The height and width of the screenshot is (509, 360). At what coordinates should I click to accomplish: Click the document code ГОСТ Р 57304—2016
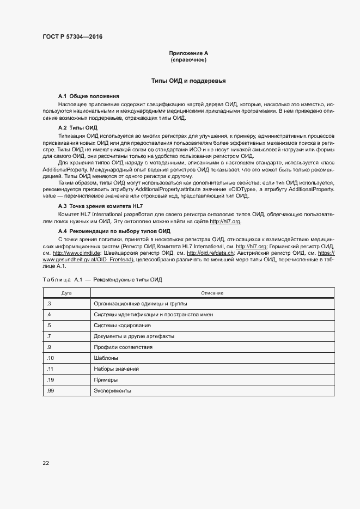[72, 37]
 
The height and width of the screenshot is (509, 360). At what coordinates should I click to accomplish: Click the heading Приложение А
[188, 53]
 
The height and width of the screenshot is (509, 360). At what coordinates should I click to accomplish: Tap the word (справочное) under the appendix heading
[188, 59]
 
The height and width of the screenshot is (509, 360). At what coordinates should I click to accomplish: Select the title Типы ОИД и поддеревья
[188, 81]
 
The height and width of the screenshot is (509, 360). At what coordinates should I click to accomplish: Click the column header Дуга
[67, 293]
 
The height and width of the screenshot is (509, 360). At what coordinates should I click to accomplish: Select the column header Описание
[212, 293]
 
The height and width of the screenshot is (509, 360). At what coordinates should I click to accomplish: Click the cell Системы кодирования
[122, 325]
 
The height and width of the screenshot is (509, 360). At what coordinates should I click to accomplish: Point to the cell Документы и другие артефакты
[134, 336]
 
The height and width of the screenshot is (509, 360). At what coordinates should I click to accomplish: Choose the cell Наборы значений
[116, 369]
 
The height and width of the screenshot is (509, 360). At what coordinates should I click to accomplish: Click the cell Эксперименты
[113, 391]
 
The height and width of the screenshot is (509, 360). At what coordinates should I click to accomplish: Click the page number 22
[46, 463]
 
